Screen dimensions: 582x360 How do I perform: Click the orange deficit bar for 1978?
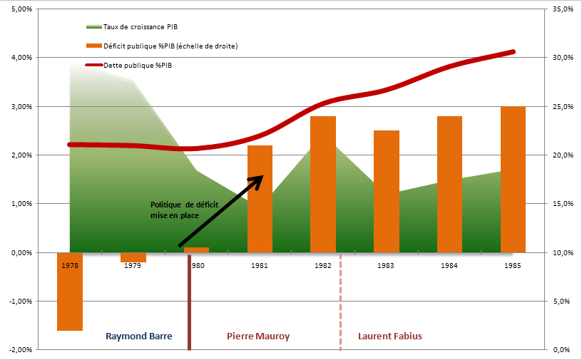click(x=70, y=292)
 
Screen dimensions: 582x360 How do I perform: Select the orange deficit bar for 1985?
click(x=513, y=179)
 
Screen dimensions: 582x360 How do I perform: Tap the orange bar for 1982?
click(x=323, y=185)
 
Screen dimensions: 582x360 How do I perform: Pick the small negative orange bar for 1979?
click(x=133, y=257)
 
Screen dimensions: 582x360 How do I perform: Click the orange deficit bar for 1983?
click(x=387, y=192)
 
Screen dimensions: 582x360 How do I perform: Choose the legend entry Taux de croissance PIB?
click(x=132, y=26)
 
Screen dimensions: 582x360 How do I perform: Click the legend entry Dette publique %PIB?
click(x=129, y=66)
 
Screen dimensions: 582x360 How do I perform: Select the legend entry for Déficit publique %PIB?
click(x=162, y=46)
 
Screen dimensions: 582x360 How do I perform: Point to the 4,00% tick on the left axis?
click(x=22, y=58)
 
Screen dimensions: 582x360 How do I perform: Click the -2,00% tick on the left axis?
click(x=21, y=349)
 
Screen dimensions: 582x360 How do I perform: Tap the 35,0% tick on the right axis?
click(x=563, y=9)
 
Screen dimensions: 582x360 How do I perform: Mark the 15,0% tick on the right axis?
click(x=563, y=204)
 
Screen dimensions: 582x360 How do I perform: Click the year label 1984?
click(x=449, y=266)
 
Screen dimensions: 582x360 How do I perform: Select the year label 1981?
click(x=260, y=266)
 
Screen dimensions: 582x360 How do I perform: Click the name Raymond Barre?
click(x=139, y=336)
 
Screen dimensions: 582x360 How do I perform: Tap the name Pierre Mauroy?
click(x=258, y=336)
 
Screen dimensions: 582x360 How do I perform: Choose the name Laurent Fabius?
click(x=390, y=336)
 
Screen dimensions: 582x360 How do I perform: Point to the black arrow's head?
click(x=262, y=176)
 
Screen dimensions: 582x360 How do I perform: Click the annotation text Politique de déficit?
click(x=185, y=205)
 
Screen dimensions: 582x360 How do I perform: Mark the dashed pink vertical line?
click(x=340, y=302)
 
